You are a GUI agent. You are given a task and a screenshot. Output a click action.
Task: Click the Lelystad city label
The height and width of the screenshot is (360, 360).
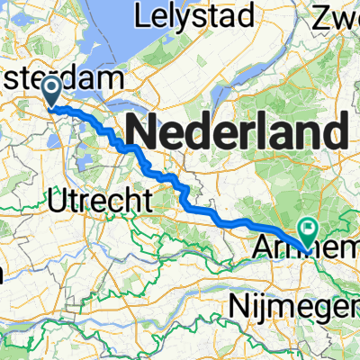coord(180,15)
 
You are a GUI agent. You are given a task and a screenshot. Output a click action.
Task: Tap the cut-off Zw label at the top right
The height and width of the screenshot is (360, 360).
coord(334,15)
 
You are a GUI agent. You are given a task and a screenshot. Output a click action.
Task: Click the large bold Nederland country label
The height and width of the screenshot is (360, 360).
coord(237,134)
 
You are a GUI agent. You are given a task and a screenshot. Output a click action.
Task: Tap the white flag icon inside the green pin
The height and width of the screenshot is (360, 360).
coord(309,229)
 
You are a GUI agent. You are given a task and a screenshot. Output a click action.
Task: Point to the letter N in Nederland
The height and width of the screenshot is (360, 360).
coord(142,134)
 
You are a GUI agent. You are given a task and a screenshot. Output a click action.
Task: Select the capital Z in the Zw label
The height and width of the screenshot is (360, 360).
coord(319,15)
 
